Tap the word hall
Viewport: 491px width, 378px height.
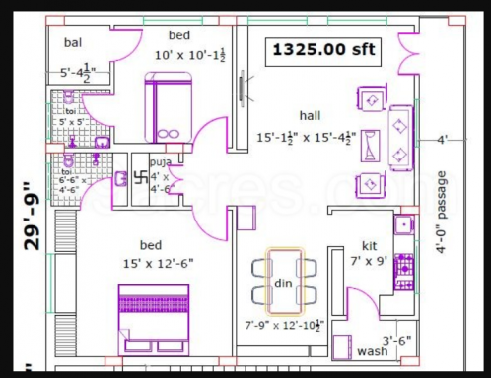(x=311, y=115)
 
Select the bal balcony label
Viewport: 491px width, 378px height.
(x=73, y=42)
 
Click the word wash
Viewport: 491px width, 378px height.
(x=372, y=351)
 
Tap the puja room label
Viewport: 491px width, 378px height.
(x=160, y=161)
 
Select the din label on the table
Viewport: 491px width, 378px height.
(x=284, y=284)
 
